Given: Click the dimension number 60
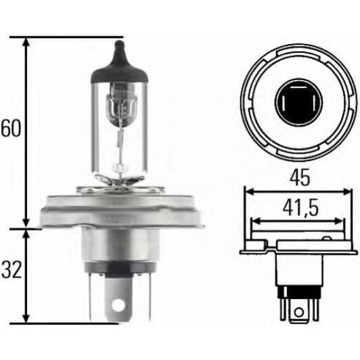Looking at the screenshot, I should point(10,129).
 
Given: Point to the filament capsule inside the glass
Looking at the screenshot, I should point(120,112).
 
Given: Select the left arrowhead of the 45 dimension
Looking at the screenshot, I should point(248,192).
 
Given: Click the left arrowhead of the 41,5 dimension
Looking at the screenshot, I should point(255,221).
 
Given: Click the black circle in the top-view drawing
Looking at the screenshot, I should point(298,102).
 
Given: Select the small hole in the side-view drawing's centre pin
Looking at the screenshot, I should point(298,312).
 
